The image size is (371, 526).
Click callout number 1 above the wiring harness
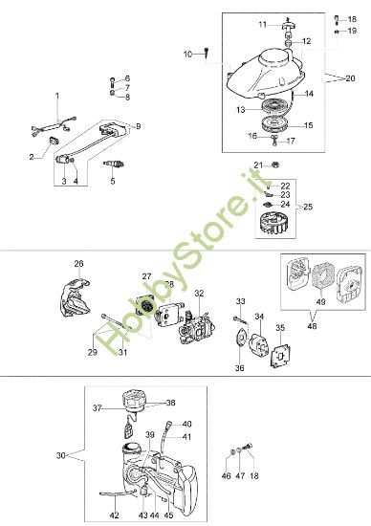pyautogui.click(x=56, y=97)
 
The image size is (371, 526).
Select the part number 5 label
pyautogui.click(x=112, y=180)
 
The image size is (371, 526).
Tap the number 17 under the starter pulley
pyautogui.click(x=292, y=141)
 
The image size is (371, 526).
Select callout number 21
pyautogui.click(x=258, y=164)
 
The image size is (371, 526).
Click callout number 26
pyautogui.click(x=78, y=263)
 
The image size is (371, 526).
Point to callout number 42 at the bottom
pyautogui.click(x=114, y=515)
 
